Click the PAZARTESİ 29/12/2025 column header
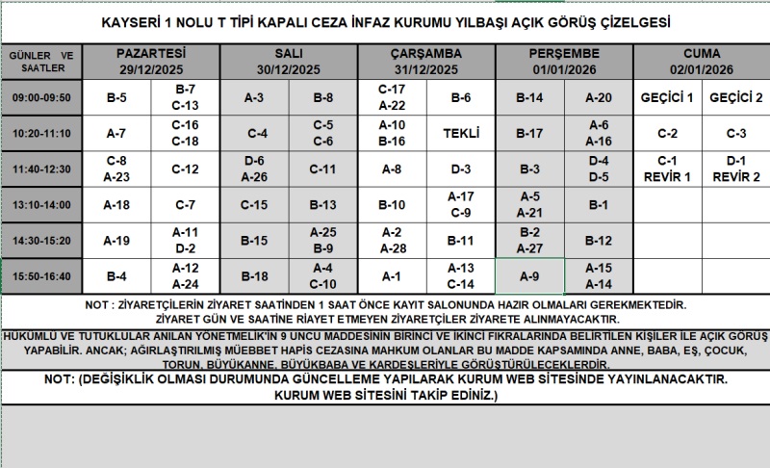[x=151, y=62]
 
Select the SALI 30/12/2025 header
[x=289, y=62]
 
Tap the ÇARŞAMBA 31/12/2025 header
[x=426, y=62]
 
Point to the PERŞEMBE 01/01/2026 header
[x=564, y=62]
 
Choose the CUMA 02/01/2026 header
[x=702, y=62]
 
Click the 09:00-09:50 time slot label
[x=42, y=98]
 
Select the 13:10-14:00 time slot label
[x=42, y=204]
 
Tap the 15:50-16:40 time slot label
[x=42, y=276]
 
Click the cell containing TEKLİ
[x=461, y=133]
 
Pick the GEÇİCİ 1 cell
[x=667, y=98]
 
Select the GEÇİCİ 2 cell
[x=736, y=98]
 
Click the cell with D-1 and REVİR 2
[x=736, y=169]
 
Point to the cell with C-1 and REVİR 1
[x=667, y=169]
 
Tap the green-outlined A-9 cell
[x=529, y=276]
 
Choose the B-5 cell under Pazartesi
[x=116, y=98]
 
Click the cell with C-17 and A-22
[x=392, y=98]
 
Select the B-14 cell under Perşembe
[x=529, y=98]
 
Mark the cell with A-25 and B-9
[x=323, y=240]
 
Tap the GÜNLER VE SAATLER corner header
[x=42, y=62]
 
